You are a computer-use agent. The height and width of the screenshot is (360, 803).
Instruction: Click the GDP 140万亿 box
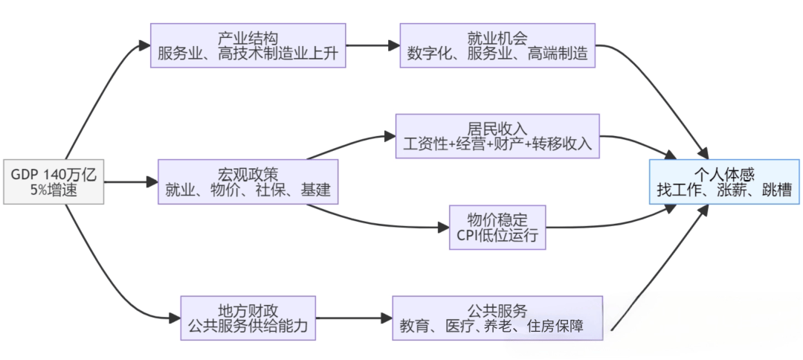pyautogui.click(x=54, y=181)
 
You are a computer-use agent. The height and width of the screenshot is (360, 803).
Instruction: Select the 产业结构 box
pyautogui.click(x=248, y=45)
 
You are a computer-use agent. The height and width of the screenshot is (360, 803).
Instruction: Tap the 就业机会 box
pyautogui.click(x=498, y=45)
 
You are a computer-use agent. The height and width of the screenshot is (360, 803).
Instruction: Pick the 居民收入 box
pyautogui.click(x=497, y=136)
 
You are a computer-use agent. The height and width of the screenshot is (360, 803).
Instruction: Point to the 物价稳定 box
pyautogui.click(x=497, y=228)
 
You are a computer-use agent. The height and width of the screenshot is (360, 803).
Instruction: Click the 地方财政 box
pyautogui.click(x=248, y=318)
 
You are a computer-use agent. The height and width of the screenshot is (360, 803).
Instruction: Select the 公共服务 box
pyautogui.click(x=497, y=318)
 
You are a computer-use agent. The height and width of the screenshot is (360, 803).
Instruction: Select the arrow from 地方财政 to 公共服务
pyautogui.click(x=353, y=318)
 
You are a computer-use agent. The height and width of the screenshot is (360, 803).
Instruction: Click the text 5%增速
pyautogui.click(x=54, y=190)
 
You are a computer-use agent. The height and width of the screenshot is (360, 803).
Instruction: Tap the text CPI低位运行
pyautogui.click(x=497, y=237)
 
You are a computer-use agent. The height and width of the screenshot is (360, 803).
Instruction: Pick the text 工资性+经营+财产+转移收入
pyautogui.click(x=497, y=145)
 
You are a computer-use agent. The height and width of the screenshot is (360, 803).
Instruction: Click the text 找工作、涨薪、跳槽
pyautogui.click(x=724, y=191)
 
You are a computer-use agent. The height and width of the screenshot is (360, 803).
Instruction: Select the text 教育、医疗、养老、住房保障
pyautogui.click(x=497, y=327)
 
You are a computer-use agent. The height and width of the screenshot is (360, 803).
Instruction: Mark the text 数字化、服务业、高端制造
pyautogui.click(x=498, y=54)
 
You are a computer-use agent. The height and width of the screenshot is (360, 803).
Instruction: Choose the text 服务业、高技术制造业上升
pyautogui.click(x=248, y=54)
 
